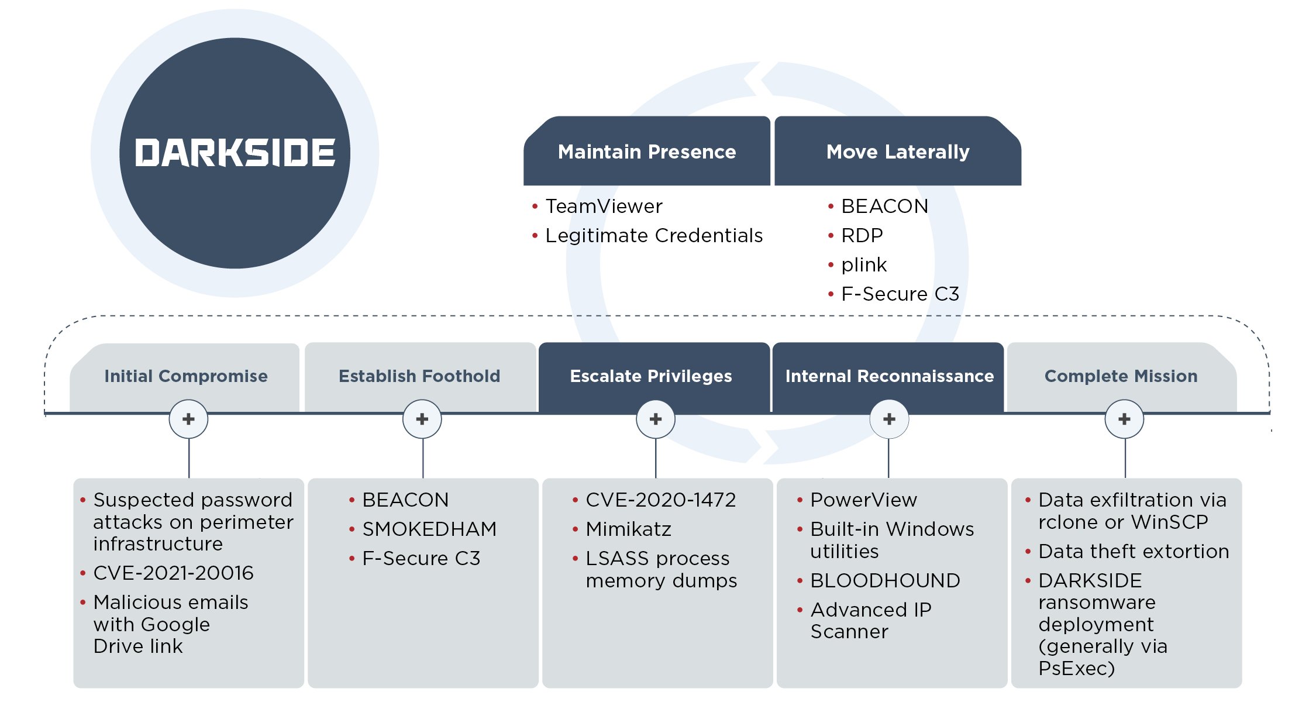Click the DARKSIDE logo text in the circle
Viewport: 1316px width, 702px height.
(235, 153)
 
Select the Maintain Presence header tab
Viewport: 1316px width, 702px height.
(646, 152)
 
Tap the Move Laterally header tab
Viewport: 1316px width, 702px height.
(897, 152)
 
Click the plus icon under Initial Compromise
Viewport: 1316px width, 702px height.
(188, 419)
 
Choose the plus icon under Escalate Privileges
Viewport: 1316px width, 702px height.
(656, 419)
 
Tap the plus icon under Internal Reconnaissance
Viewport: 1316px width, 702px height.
(889, 419)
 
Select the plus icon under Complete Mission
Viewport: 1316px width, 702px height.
(1124, 419)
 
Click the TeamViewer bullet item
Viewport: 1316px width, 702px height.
(604, 207)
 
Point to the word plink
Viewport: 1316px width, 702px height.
(864, 265)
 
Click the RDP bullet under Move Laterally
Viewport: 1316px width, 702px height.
(862, 236)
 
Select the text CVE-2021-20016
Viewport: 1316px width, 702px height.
(173, 573)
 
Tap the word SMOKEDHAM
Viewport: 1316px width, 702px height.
(429, 529)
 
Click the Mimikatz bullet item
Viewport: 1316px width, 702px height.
(628, 529)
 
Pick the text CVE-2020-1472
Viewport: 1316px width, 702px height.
(660, 500)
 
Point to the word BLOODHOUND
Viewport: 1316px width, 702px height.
(885, 580)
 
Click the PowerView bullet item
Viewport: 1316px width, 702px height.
(863, 500)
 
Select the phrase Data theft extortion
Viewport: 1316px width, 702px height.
(1133, 551)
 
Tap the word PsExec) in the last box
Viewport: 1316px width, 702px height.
(1076, 668)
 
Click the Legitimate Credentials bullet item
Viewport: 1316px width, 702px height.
(653, 236)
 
